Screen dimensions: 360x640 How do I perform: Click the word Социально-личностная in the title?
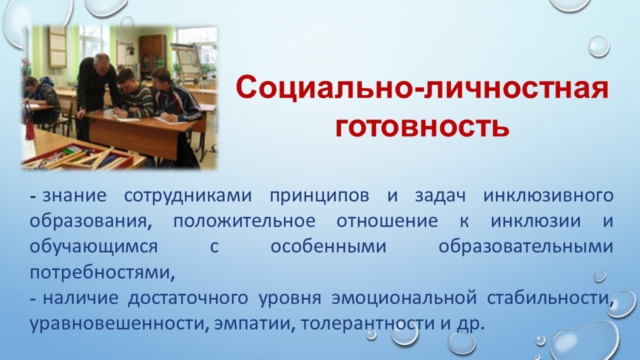pos(422,88)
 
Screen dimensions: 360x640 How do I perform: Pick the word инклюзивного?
pos(548,195)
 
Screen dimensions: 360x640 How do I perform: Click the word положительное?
pos(242,221)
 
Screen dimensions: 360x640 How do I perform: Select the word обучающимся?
pos(93,247)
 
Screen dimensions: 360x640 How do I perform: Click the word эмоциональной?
pos(402,299)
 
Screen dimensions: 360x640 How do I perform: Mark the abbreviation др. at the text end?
pos(470,324)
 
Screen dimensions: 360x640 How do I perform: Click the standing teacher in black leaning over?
pos(98,85)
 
